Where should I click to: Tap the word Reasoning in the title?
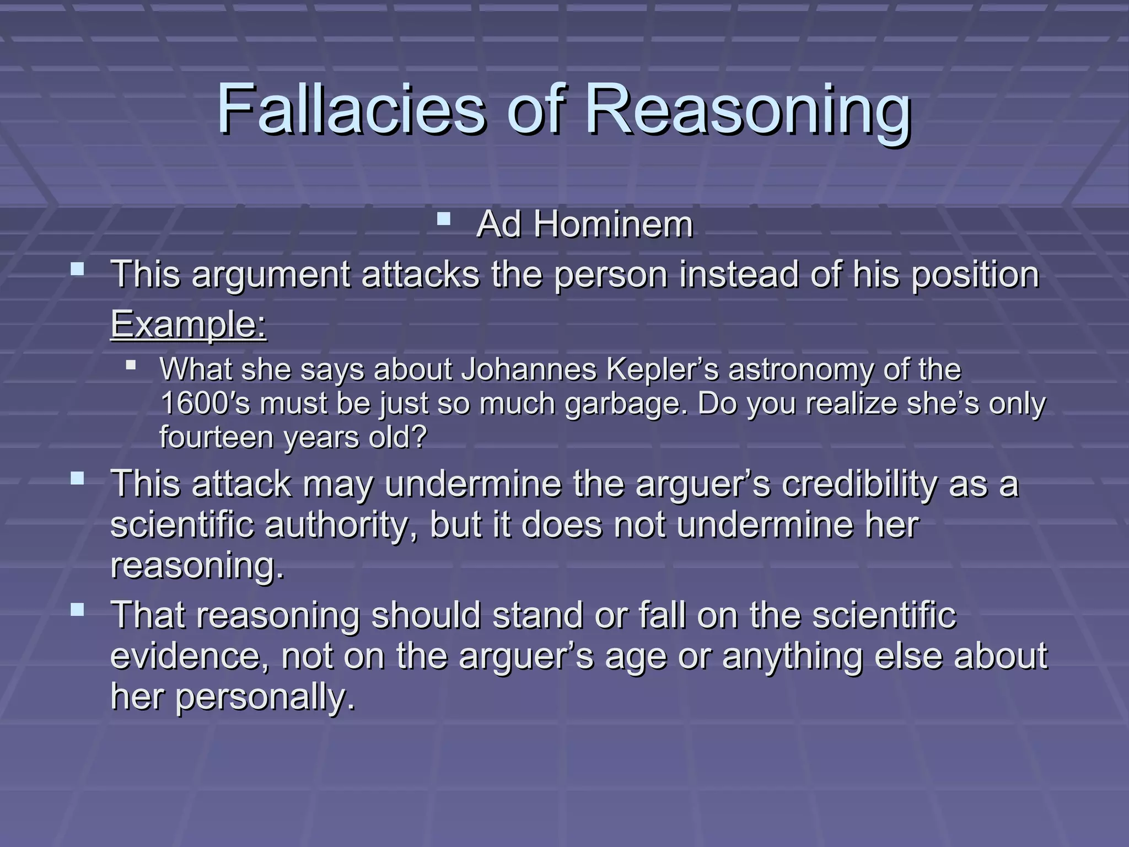tap(747, 110)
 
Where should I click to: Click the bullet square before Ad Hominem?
tap(444, 221)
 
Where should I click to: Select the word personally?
tap(265, 697)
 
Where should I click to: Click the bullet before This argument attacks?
tap(78, 270)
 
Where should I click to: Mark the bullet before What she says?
tap(131, 365)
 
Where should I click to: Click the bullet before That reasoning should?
tap(78, 610)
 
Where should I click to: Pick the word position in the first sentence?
tap(975, 275)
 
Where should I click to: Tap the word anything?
tap(792, 656)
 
